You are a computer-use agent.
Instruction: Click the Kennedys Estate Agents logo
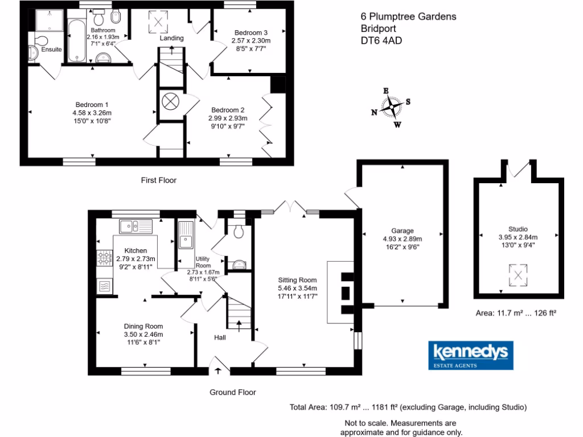(x=471, y=356)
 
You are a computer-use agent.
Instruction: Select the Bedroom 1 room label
(x=92, y=105)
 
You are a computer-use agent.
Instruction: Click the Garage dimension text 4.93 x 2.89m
(x=402, y=239)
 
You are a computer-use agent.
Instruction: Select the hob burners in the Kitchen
(x=104, y=259)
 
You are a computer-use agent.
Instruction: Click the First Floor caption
(x=159, y=180)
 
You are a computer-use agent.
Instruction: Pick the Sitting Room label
(x=297, y=280)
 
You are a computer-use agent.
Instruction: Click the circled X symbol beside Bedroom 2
(x=170, y=101)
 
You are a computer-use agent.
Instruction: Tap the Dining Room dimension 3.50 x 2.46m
(x=143, y=335)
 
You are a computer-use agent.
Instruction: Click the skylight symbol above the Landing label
(x=158, y=23)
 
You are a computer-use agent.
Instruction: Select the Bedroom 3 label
(x=251, y=32)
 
